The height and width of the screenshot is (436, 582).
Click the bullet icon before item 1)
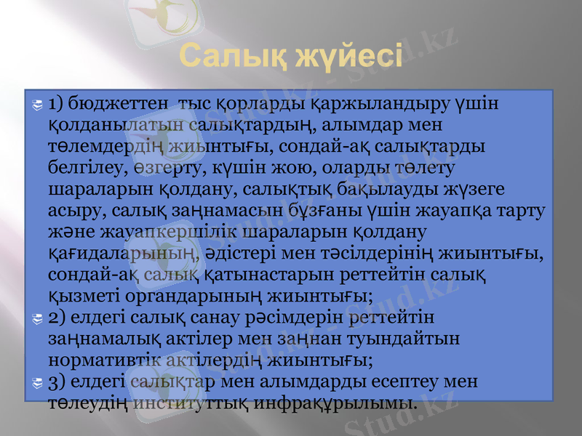coord(39,107)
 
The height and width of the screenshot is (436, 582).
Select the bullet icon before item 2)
coord(39,318)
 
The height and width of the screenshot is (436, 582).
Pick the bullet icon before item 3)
coord(39,381)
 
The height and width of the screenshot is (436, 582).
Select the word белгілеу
coord(79,169)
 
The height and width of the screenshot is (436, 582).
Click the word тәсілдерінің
coord(374,254)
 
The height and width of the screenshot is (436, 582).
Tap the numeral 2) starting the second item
coord(59,317)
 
